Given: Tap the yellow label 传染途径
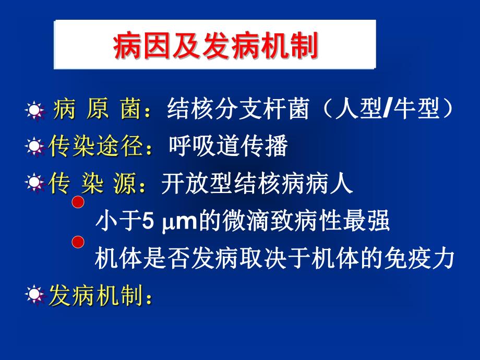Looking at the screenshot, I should click(x=96, y=147).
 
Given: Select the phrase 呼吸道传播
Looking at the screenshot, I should click(x=228, y=147).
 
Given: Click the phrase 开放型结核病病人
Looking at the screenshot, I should click(x=257, y=184).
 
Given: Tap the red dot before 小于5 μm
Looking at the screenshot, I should click(x=78, y=203).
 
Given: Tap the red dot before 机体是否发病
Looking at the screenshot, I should click(x=78, y=242).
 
